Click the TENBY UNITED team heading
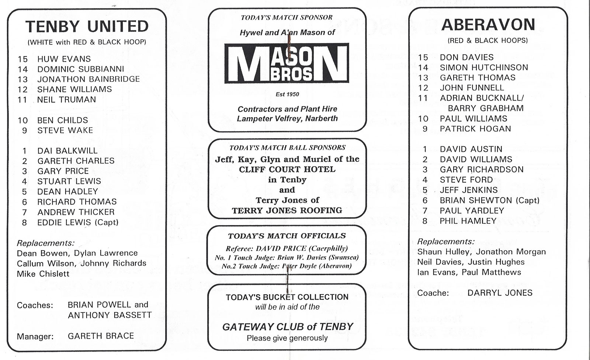pos(87,26)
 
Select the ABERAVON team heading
pos(488,25)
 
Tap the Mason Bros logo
pos(287,63)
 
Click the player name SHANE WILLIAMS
pos(74,90)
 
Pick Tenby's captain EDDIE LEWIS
pos(64,223)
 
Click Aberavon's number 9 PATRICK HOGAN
pos(475,129)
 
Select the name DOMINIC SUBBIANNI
pos(81,69)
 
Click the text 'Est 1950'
pos(287,94)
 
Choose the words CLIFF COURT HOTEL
pos(287,169)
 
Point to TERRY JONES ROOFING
pos(287,210)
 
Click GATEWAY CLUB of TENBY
pos(287,327)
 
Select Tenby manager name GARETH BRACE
pos(101,336)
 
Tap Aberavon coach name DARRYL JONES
pos(500,293)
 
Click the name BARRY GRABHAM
pos(486,108)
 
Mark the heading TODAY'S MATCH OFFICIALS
pos(287,236)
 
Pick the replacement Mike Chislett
pos(43,274)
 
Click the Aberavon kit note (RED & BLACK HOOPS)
pos(488,41)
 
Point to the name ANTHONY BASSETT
pos(110,315)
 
